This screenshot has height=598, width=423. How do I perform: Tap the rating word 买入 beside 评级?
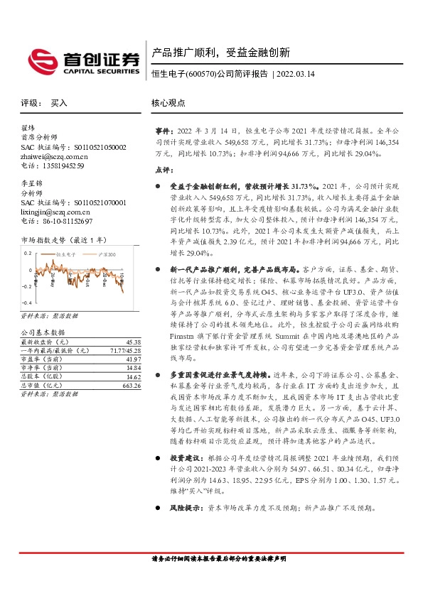click(59, 102)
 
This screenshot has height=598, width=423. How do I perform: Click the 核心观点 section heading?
click(168, 102)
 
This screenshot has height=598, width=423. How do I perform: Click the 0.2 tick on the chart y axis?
click(27, 253)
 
